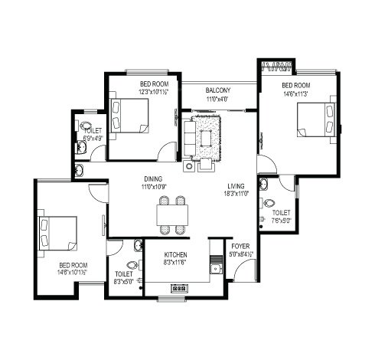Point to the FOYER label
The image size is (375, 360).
(240, 247)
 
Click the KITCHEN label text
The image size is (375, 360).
(176, 255)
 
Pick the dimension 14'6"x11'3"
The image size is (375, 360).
(295, 94)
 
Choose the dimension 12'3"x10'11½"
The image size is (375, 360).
(154, 92)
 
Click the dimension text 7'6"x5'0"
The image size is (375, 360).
(281, 221)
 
